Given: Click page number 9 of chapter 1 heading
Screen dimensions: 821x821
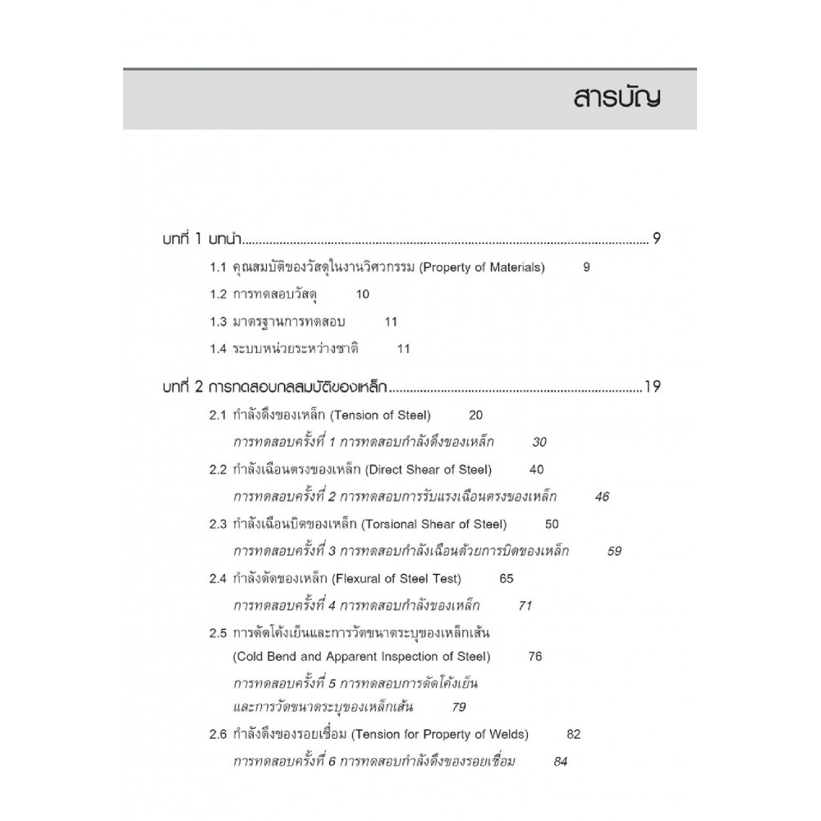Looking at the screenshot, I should point(657,240).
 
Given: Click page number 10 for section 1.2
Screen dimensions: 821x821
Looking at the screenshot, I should point(363,294).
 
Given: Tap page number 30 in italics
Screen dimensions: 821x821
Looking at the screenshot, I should point(539,442).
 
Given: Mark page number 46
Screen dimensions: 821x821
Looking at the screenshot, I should point(602,496).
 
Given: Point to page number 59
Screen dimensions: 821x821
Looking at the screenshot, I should point(614,550).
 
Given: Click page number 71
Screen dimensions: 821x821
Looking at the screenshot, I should point(526,605).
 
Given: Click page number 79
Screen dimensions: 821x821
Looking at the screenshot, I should point(459,706).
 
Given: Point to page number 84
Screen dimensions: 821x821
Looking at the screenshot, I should point(561,760).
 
